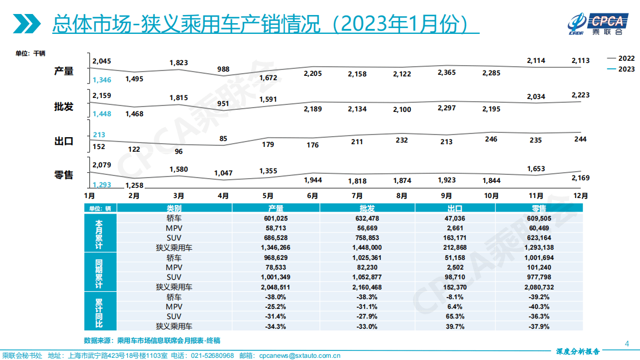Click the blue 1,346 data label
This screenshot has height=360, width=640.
101,80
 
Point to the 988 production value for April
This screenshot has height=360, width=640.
223,69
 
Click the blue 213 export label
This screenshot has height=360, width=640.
99,135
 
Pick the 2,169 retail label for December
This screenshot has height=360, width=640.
580,177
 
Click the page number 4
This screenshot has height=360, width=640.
626,343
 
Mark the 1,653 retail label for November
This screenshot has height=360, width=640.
536,168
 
